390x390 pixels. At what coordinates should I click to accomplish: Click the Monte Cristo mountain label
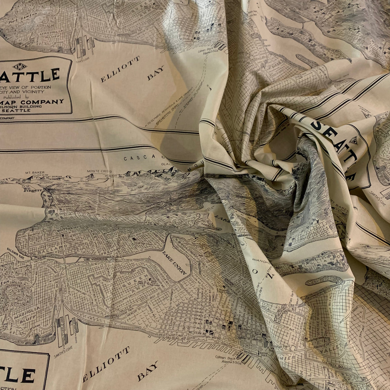click(99, 171)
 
